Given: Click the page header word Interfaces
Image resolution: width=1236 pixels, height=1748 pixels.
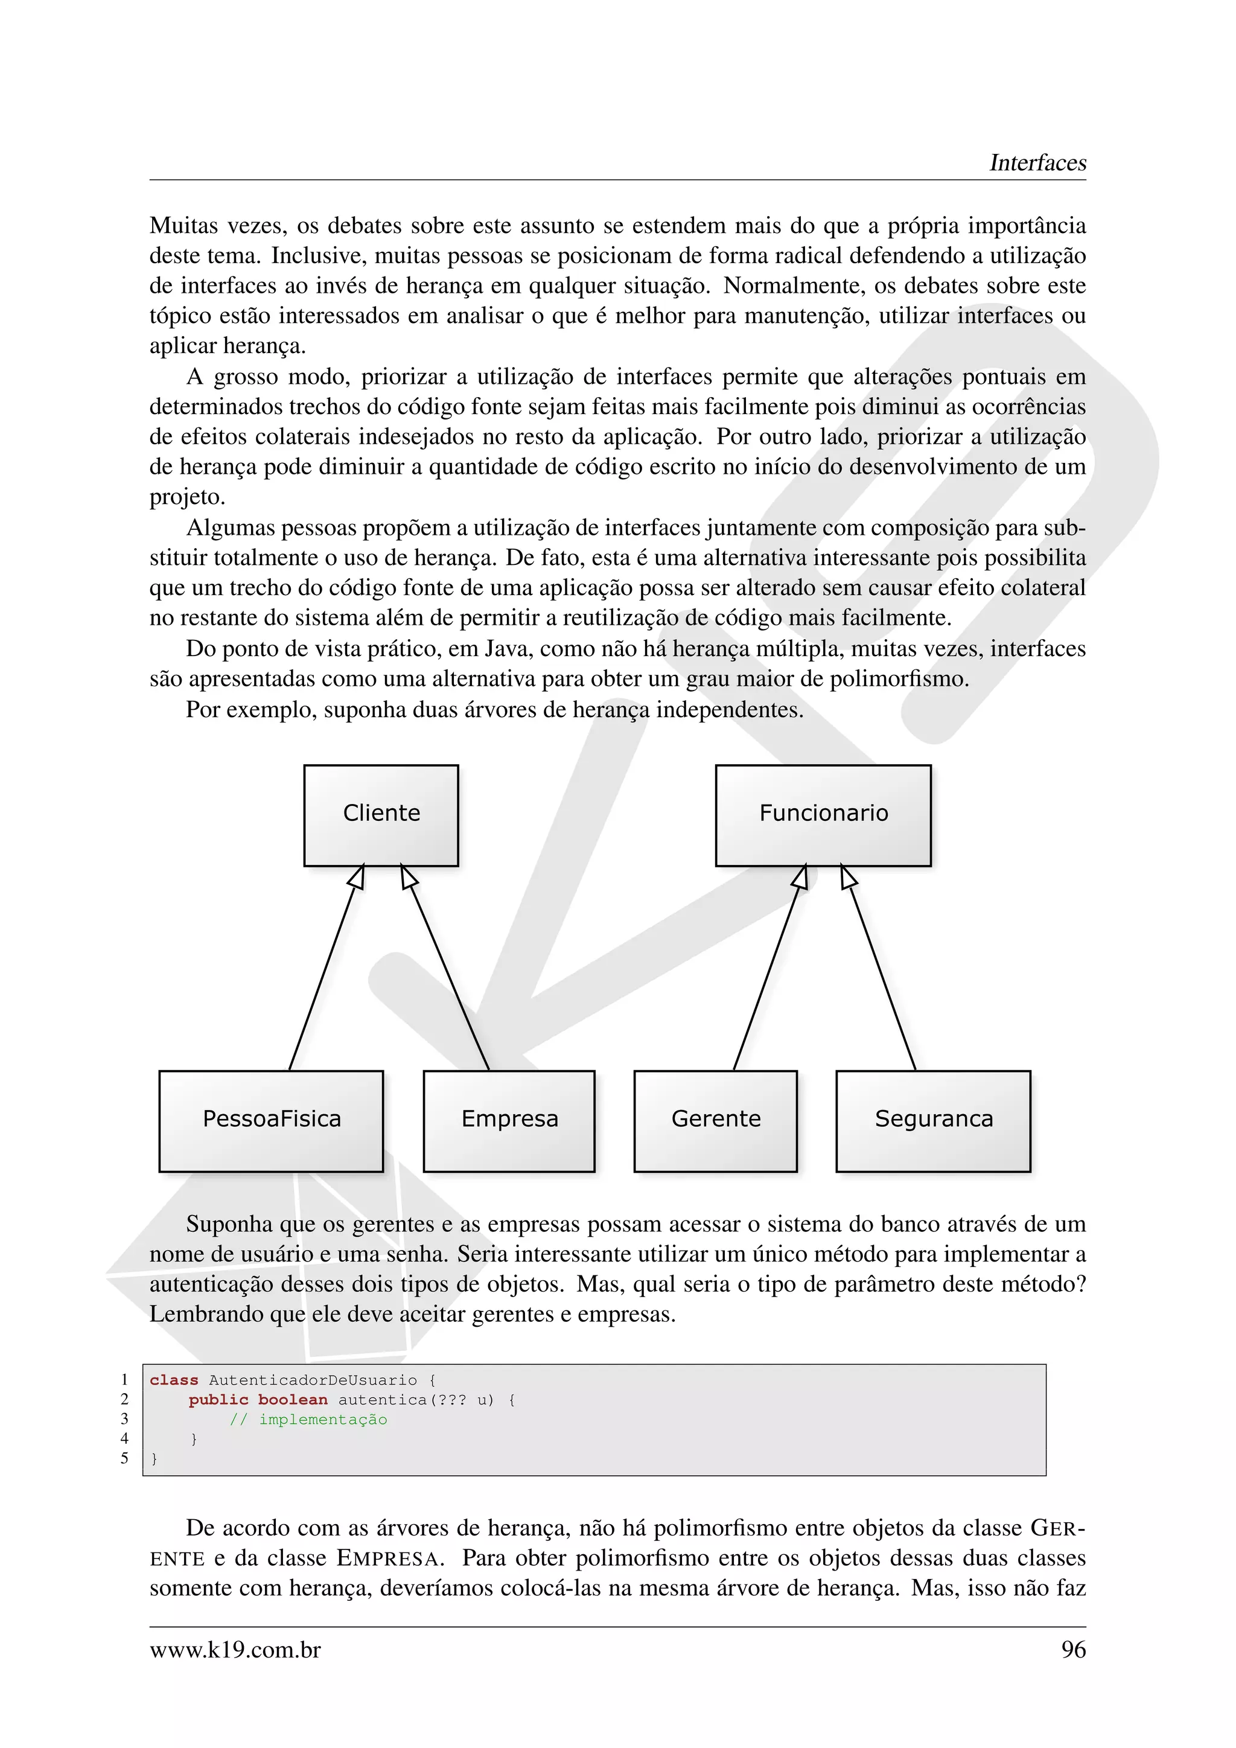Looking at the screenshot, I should tap(1037, 163).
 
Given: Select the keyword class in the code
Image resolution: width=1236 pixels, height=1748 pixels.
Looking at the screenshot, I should tap(174, 1380).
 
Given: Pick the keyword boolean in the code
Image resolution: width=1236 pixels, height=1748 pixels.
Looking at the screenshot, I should tap(292, 1400).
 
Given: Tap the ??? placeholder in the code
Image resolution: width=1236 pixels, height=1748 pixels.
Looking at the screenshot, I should tap(451, 1400).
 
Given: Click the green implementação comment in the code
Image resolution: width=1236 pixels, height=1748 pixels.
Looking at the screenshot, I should tap(323, 1420).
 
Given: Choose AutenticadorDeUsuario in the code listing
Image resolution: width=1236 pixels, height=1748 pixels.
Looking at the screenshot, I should tap(312, 1380).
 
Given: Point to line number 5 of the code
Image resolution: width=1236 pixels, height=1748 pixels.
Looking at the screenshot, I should tap(125, 1459).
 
